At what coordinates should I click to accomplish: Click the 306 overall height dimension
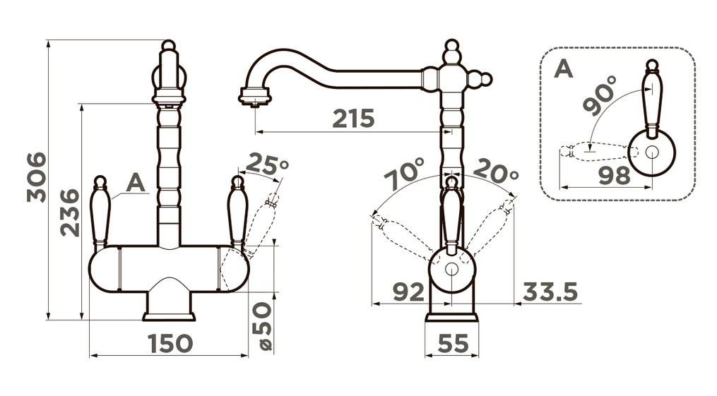[x=36, y=177]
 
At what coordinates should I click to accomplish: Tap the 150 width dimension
[x=170, y=344]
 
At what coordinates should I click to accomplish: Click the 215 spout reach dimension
[x=353, y=119]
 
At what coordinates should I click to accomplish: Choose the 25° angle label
[x=268, y=164]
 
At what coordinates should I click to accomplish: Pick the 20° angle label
[x=496, y=171]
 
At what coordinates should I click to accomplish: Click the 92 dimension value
[x=408, y=292]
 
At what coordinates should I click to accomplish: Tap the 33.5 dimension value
[x=550, y=292]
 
